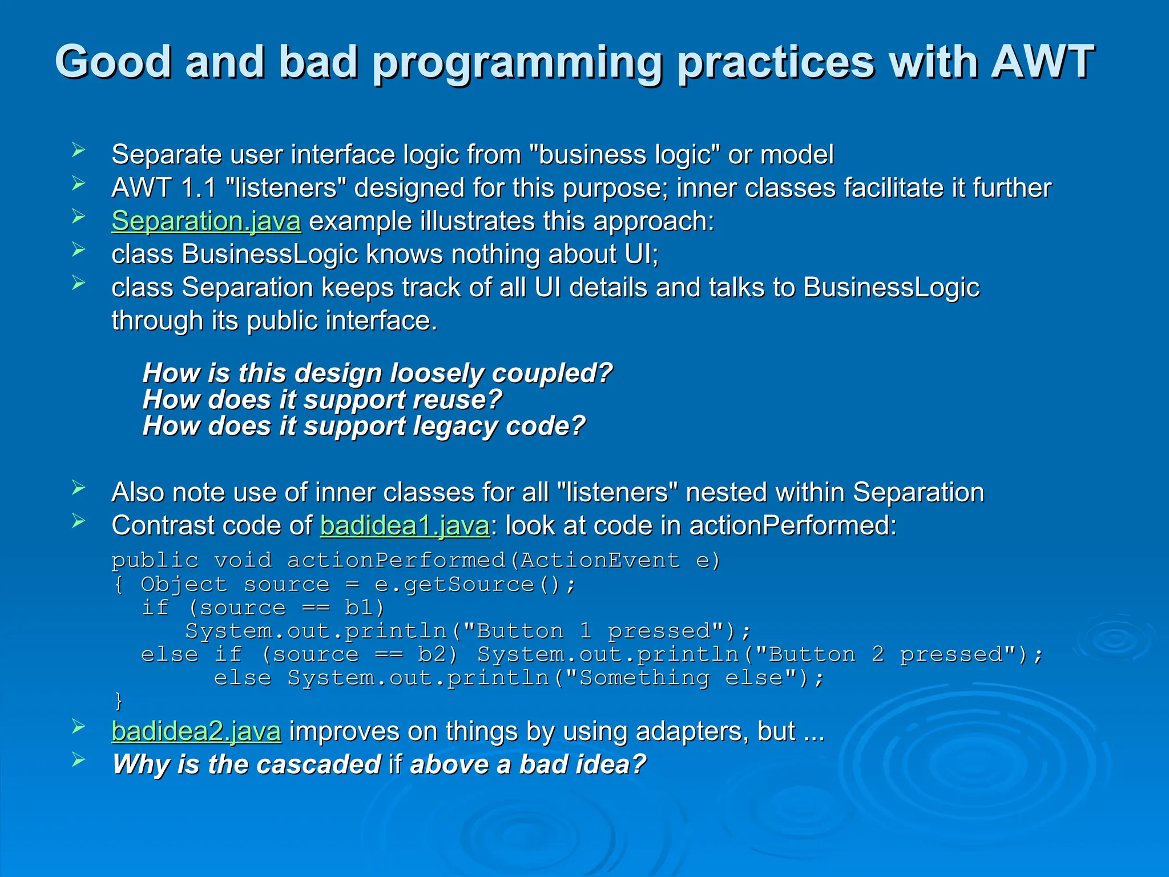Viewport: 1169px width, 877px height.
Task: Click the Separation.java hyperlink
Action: pyautogui.click(x=206, y=221)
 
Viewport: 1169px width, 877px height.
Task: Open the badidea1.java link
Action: pyautogui.click(x=405, y=525)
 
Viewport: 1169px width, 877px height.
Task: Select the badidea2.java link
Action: pyautogui.click(x=196, y=731)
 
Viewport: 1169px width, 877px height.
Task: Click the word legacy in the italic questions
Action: pyautogui.click(x=457, y=427)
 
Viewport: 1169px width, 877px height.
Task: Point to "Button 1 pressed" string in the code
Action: pyautogui.click(x=594, y=631)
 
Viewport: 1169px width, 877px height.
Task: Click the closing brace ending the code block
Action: pyautogui.click(x=118, y=700)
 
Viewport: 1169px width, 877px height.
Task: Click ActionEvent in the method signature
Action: pyautogui.click(x=600, y=561)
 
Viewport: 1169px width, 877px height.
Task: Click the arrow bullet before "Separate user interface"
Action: pyautogui.click(x=79, y=151)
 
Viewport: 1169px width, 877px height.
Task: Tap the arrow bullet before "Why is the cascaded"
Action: pyautogui.click(x=79, y=760)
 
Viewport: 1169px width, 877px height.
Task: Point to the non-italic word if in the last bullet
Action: pyautogui.click(x=395, y=765)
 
